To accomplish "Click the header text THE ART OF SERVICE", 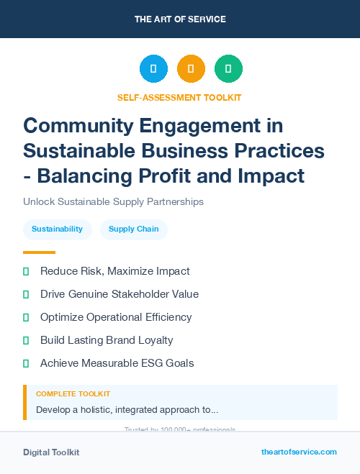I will (x=180, y=19).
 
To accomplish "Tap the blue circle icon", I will (x=153, y=68).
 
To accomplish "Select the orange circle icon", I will (x=191, y=68).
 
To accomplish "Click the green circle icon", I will (x=228, y=68).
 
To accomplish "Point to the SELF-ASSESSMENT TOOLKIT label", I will (x=179, y=97).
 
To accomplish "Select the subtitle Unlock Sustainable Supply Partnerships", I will (x=113, y=201).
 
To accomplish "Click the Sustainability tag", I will (x=57, y=229).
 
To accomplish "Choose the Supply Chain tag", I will (x=133, y=229).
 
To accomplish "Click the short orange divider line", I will (x=39, y=252).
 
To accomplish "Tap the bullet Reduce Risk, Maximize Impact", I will (x=114, y=271).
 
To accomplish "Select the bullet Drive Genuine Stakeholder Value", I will (x=119, y=294).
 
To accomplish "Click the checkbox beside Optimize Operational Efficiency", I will (x=26, y=317).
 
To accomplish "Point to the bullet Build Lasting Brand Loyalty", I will (x=107, y=340).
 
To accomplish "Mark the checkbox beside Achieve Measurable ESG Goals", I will (x=26, y=363).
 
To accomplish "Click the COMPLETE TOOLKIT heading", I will (x=73, y=394).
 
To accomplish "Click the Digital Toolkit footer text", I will (x=51, y=452).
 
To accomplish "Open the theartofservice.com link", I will (x=299, y=452).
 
